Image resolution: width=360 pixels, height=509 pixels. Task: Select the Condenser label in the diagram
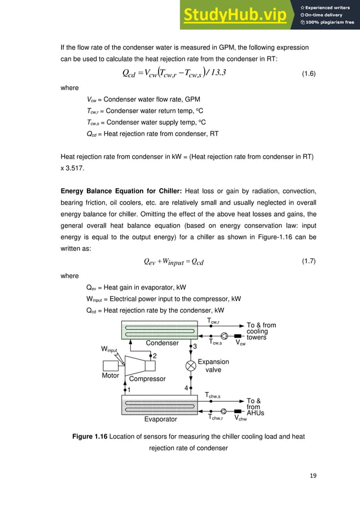[x=163, y=343]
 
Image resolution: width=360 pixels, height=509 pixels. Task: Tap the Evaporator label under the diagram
[x=161, y=419]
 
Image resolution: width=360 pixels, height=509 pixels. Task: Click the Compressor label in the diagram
[x=147, y=379]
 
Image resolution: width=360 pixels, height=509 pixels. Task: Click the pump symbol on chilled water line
[x=223, y=411]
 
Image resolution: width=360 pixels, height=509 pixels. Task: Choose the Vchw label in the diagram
[x=242, y=418]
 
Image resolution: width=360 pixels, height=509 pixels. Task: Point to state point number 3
[x=195, y=346]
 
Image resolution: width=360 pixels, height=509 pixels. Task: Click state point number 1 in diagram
[x=129, y=389]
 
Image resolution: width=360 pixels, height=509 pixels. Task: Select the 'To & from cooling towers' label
[x=261, y=331]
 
